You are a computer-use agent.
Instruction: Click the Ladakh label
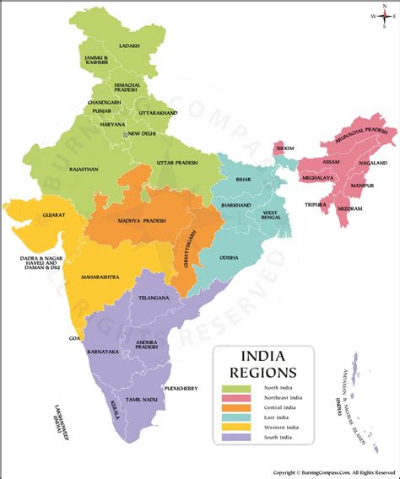[129, 46]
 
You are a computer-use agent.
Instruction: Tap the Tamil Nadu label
[143, 398]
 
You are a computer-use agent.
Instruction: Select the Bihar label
[243, 180]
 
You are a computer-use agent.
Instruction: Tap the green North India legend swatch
[235, 386]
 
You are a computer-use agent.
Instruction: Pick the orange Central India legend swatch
[235, 408]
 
